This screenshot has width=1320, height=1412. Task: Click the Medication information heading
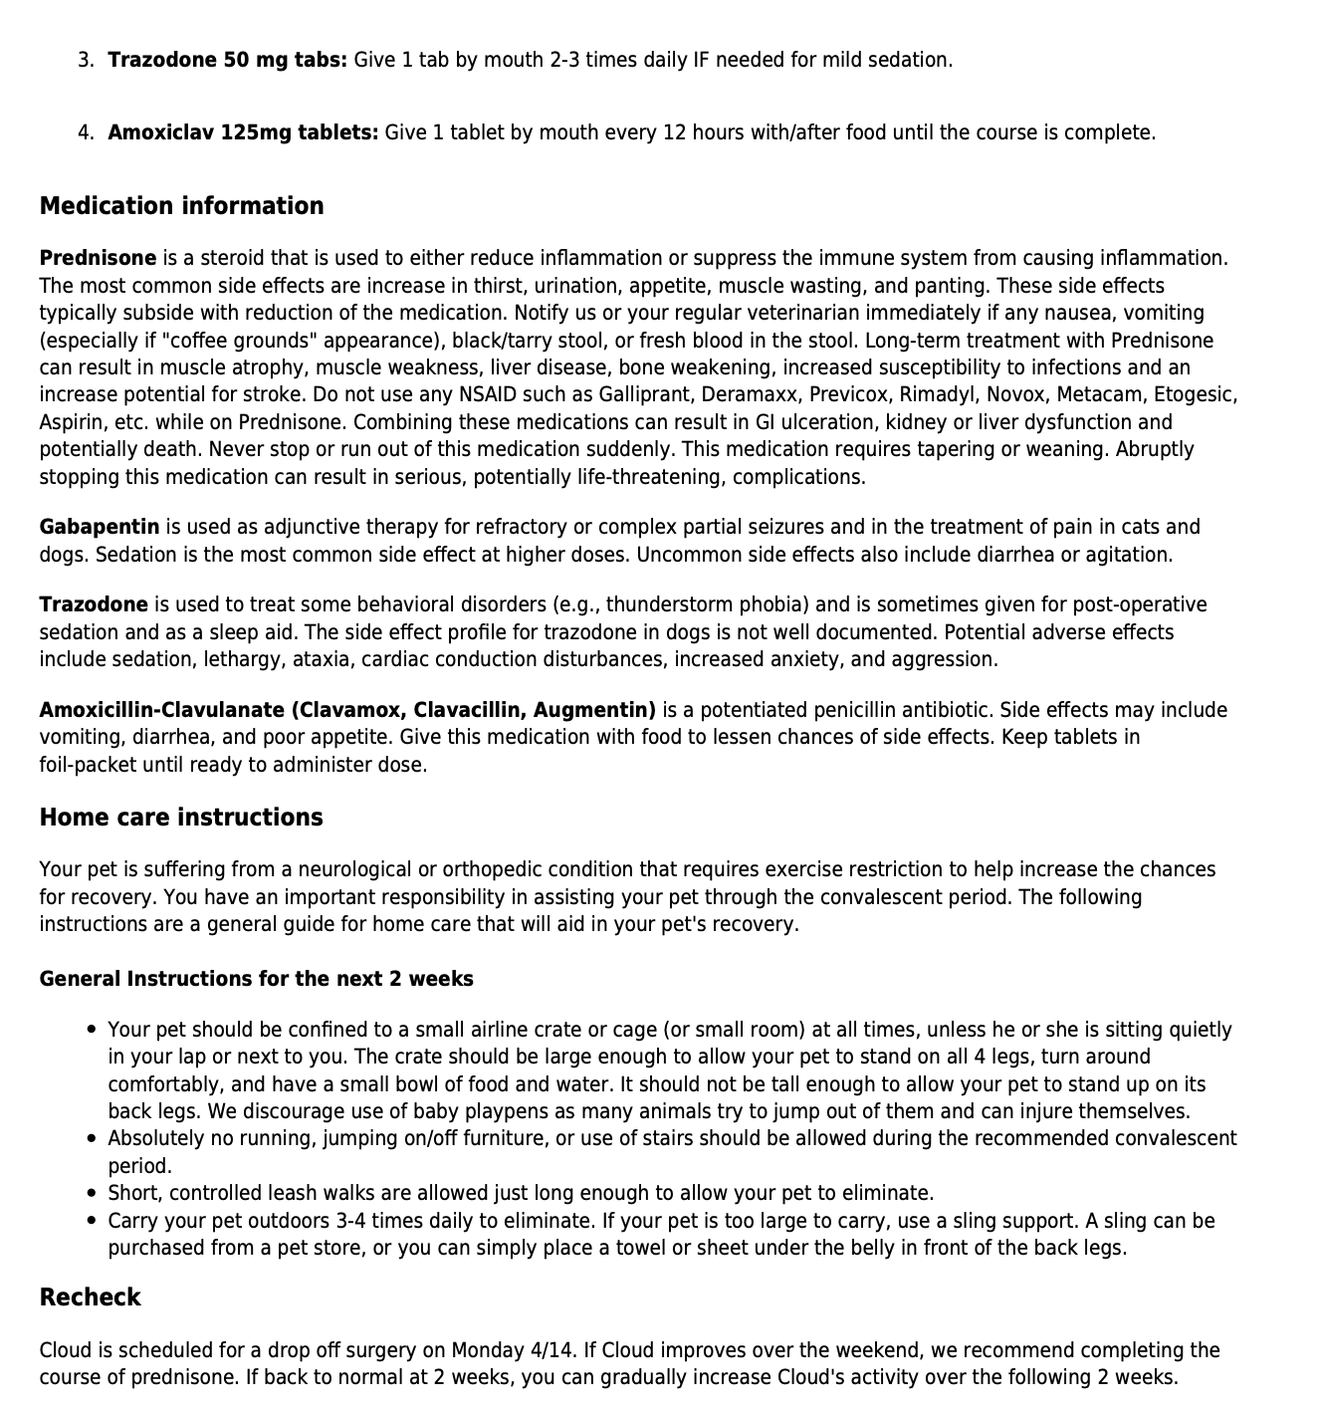click(x=181, y=206)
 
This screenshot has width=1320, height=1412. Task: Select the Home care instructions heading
click(x=181, y=818)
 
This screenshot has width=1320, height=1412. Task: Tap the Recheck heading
click(x=90, y=1297)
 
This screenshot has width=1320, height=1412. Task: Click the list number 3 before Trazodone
click(x=86, y=60)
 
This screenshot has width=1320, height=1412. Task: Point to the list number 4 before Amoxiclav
click(x=86, y=132)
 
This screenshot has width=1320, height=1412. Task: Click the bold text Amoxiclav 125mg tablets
click(x=243, y=132)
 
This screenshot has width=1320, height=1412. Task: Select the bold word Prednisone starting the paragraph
click(x=98, y=259)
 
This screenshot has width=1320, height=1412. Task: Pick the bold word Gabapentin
click(x=100, y=527)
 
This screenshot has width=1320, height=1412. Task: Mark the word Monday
click(x=489, y=1351)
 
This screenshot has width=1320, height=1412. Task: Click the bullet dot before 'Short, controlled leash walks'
click(x=92, y=1193)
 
